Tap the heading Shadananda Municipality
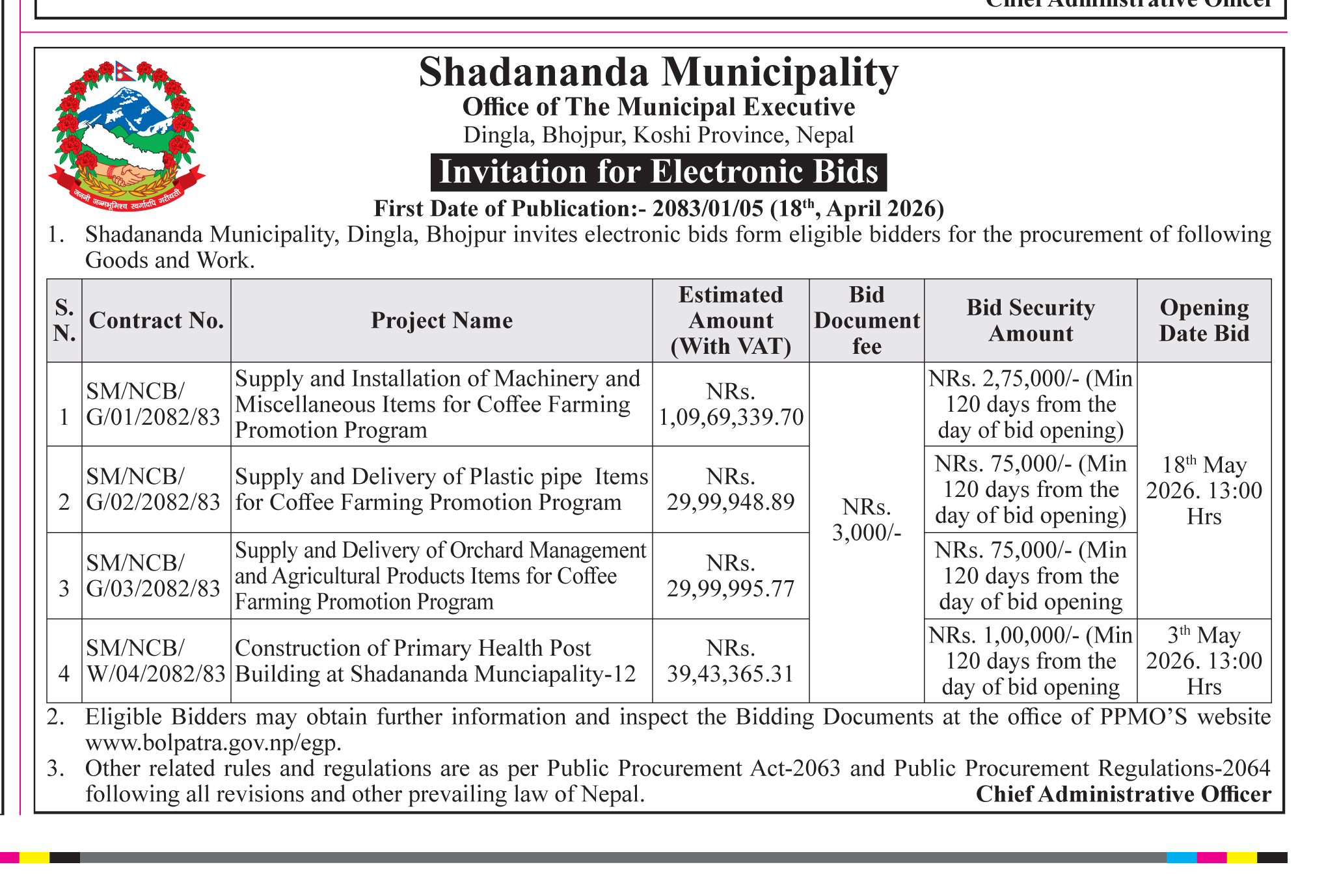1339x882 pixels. click(x=658, y=72)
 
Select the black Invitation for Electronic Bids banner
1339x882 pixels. click(x=658, y=172)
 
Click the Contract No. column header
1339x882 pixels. click(x=156, y=321)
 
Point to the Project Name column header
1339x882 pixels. click(x=441, y=321)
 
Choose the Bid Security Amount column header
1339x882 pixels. click(x=1030, y=321)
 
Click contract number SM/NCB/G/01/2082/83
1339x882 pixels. click(x=154, y=404)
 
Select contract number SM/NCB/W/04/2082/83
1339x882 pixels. click(x=156, y=661)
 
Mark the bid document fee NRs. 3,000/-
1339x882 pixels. click(x=866, y=519)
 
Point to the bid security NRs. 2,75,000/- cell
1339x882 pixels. click(x=1030, y=404)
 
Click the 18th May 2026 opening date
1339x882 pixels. click(x=1204, y=490)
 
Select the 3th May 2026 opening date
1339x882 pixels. click(x=1204, y=661)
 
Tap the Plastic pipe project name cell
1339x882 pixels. click(x=441, y=489)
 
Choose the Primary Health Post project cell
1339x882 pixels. click(x=435, y=661)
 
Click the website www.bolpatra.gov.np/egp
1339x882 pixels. click(x=213, y=743)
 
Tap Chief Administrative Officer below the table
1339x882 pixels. click(x=1123, y=794)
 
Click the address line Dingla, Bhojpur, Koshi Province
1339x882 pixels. click(x=658, y=135)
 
